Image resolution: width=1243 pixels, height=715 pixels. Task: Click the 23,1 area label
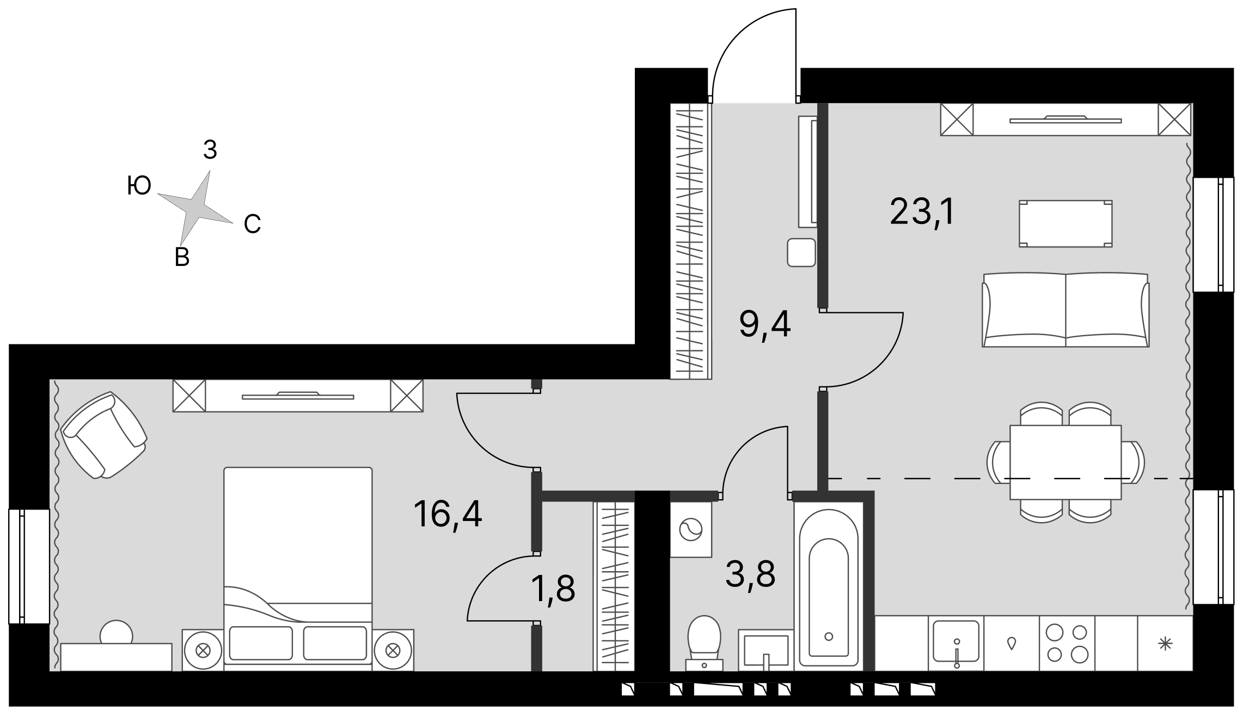922,212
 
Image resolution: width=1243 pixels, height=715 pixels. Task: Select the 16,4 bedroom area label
448,514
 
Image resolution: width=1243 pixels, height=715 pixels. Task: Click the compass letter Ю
139,186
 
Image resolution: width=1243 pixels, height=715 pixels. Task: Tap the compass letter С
252,223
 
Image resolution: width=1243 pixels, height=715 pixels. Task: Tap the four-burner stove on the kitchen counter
1067,643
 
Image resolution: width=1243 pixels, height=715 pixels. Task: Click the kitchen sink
956,643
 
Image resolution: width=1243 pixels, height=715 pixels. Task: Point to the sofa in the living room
1066,310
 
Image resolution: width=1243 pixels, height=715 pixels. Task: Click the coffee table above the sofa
1066,223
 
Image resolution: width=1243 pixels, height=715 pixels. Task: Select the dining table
1066,462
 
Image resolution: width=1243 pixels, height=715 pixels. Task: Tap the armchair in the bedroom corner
104,435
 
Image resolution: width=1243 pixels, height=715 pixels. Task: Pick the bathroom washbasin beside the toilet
765,650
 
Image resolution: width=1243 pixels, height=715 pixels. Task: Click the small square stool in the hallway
801,253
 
